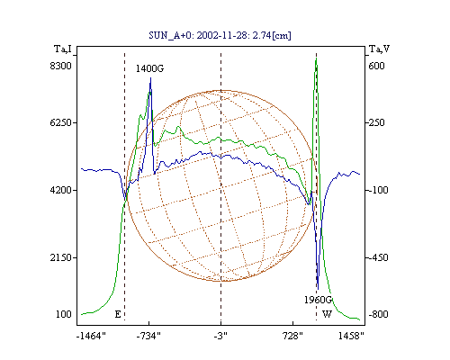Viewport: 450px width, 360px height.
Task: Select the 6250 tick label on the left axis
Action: coord(61,122)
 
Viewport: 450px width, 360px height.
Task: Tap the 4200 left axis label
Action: coord(61,190)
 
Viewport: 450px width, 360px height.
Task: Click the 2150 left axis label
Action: coord(61,257)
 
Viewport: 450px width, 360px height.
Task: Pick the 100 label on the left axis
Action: coord(64,314)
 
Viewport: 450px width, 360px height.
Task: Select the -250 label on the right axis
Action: coord(376,122)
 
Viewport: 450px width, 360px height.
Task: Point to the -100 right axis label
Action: coord(378,190)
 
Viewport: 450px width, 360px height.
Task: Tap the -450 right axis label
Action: coord(378,257)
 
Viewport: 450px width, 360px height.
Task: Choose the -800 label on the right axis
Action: coord(378,314)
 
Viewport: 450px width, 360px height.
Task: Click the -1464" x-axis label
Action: coord(92,336)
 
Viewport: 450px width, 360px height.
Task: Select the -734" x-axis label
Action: coord(148,336)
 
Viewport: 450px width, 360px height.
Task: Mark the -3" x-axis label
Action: coord(220,336)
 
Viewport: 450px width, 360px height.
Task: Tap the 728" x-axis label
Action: coord(292,336)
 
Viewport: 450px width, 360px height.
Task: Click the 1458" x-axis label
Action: coord(351,336)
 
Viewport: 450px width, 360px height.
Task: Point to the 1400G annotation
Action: coord(149,68)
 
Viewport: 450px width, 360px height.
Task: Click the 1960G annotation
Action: coord(319,300)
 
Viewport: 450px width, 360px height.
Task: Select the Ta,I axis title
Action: coord(63,49)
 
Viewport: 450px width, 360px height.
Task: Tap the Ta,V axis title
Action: coord(379,49)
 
